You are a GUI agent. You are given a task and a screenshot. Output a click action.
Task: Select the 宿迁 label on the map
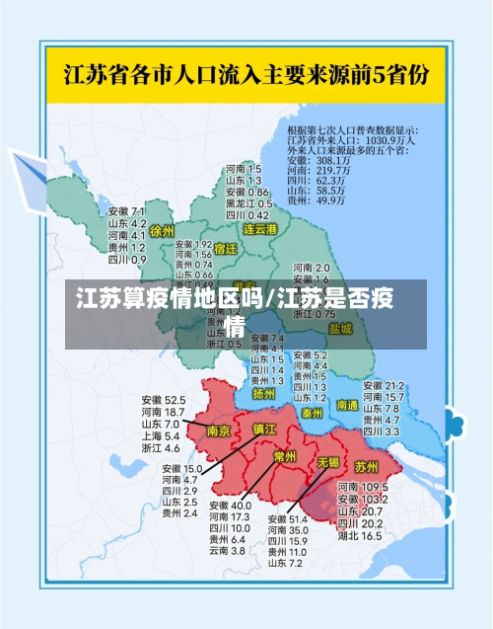226,249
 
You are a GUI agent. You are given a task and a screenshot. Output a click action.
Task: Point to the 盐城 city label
340,328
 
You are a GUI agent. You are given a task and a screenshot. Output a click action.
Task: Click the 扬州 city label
263,393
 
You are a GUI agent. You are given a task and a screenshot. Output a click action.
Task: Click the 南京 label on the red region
218,432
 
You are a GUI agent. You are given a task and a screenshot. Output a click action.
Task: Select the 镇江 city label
264,430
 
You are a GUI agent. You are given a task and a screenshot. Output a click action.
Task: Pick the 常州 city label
285,455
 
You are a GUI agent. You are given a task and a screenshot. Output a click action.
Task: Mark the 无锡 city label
327,461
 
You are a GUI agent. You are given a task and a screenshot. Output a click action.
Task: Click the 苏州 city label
366,466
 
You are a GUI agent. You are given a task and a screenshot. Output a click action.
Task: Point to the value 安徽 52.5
163,400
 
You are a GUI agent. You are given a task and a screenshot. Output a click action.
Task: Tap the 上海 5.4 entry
159,435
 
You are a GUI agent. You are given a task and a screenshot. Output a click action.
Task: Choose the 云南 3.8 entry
226,550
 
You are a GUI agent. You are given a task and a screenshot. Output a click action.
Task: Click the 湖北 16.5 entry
360,536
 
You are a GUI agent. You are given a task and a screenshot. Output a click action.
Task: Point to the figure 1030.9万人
393,139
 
